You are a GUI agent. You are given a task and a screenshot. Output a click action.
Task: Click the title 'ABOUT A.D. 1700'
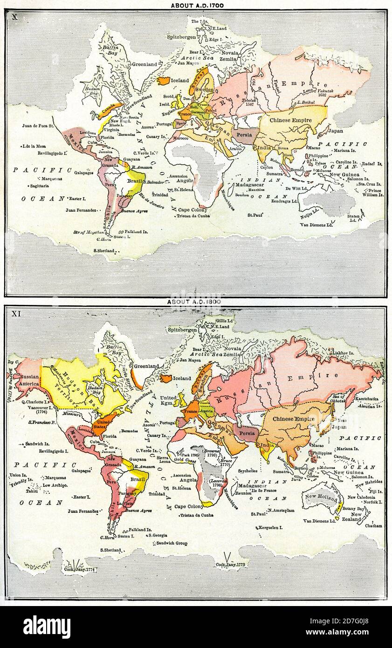197,6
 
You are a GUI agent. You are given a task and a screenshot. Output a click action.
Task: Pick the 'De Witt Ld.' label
296,188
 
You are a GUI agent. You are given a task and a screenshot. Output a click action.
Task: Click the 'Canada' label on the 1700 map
109,112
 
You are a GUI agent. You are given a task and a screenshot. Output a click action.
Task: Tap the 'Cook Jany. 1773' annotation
230,565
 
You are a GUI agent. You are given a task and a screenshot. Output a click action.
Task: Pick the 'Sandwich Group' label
172,543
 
